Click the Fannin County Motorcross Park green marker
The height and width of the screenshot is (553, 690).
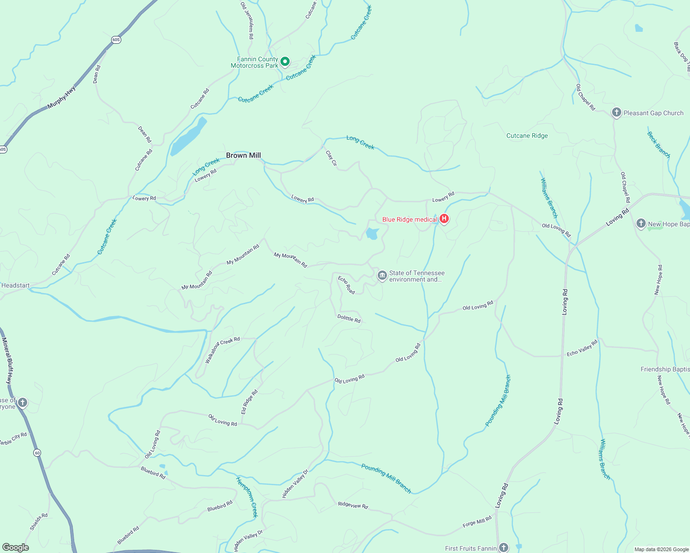pos(285,61)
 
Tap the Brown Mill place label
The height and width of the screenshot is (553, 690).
pos(243,155)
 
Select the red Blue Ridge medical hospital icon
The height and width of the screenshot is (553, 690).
pos(444,219)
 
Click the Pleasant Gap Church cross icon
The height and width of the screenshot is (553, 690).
pos(616,112)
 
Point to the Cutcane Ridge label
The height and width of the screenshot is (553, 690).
pos(527,135)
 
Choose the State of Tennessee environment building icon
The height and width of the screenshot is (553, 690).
pos(382,276)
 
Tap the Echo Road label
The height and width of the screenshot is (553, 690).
pos(346,285)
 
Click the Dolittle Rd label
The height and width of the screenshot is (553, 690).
pos(349,318)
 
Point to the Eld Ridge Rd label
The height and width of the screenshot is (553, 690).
pos(249,402)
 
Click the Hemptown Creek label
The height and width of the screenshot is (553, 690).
pos(247,497)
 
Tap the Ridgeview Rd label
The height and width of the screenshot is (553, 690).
pos(353,505)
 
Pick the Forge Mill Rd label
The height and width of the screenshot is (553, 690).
pos(477,522)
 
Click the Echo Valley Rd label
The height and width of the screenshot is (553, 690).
pos(582,347)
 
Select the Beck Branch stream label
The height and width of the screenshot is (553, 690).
pos(658,145)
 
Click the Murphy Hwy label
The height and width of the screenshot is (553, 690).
pos(62,97)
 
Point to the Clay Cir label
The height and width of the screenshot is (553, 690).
pos(331,158)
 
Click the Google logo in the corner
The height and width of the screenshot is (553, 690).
pos(15,547)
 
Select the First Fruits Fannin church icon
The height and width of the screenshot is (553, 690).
pos(503,547)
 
